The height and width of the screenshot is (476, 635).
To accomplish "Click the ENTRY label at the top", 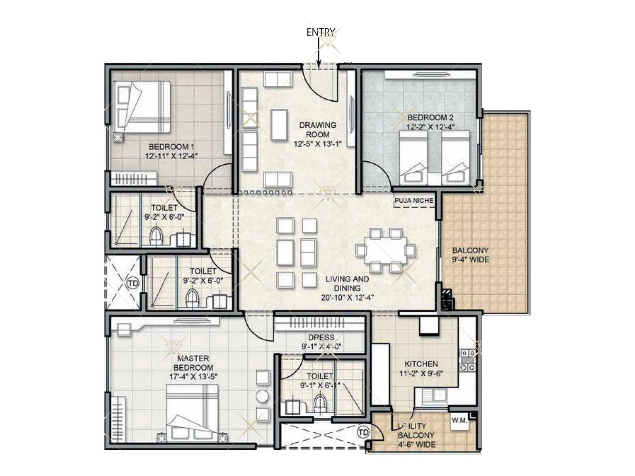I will click(321, 32).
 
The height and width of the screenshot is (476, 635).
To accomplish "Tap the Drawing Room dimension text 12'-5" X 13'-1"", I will click(317, 144).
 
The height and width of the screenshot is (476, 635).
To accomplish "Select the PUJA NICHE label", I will click(414, 201).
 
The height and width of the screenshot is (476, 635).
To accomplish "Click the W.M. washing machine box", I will click(459, 421).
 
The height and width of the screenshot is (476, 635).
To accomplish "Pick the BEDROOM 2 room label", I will click(430, 118).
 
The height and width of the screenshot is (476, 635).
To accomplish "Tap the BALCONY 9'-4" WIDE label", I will click(470, 255).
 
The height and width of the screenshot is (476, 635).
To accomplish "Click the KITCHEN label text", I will click(421, 364).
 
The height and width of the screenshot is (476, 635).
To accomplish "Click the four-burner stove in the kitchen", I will click(468, 360).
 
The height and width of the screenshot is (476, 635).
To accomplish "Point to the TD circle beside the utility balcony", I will click(363, 432).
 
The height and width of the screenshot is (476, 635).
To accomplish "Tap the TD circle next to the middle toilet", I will click(133, 283).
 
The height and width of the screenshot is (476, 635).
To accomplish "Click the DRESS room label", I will click(321, 337).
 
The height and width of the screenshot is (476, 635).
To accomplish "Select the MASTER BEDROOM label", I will click(193, 363).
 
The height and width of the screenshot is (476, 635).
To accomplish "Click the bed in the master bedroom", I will click(192, 413).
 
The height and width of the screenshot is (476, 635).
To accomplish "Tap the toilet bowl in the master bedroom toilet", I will click(319, 403).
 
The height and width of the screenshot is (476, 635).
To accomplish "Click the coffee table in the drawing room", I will click(279, 124).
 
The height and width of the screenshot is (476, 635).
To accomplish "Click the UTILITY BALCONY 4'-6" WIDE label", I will click(416, 435).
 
